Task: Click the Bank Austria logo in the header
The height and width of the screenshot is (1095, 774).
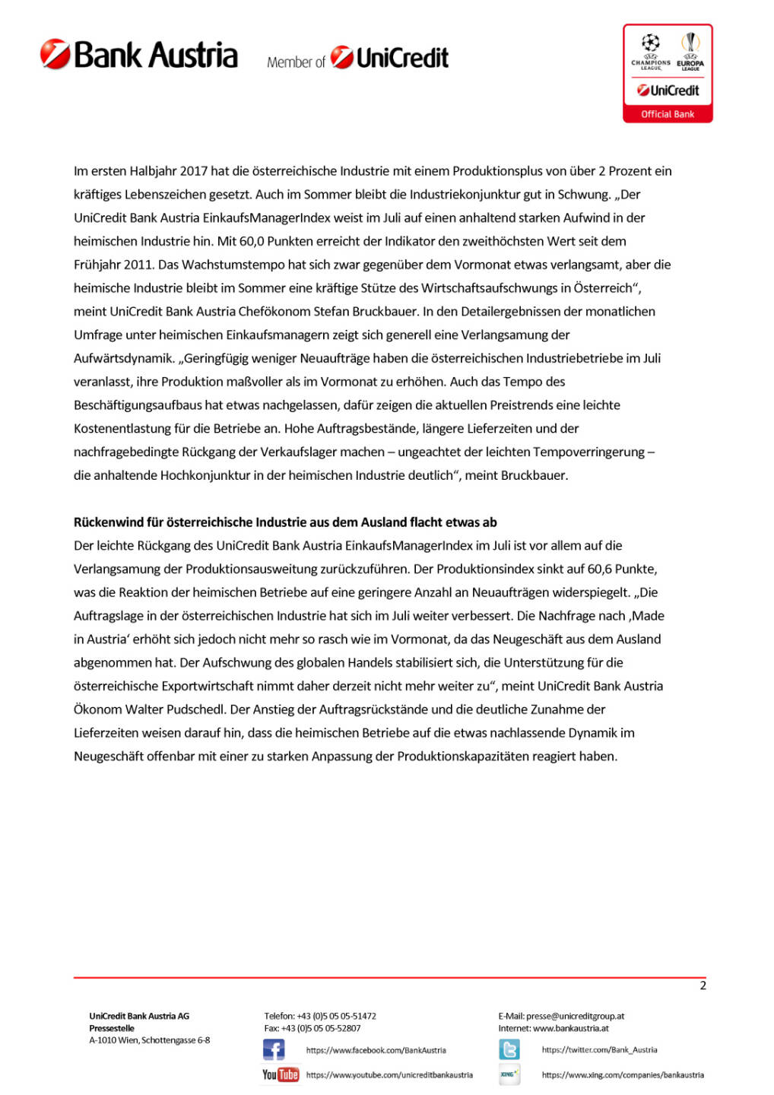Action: [x=139, y=55]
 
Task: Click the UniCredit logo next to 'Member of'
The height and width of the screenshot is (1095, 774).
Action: [x=389, y=58]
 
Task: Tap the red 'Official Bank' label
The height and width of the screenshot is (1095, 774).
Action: [x=667, y=114]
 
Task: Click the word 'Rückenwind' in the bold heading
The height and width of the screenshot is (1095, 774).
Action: [x=107, y=522]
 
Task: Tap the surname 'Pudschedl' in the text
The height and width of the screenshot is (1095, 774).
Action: [x=195, y=709]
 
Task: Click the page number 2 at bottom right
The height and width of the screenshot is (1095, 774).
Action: [x=703, y=985]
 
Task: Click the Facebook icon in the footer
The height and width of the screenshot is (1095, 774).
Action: [x=274, y=1050]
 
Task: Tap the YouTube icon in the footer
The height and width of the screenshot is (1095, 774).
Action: [x=281, y=1074]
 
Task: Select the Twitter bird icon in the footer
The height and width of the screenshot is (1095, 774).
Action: [x=509, y=1050]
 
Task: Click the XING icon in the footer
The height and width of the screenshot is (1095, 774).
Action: [x=509, y=1074]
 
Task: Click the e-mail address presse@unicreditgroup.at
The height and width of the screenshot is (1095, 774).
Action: [x=575, y=1016]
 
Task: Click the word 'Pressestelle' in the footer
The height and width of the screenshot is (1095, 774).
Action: [x=112, y=1028]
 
